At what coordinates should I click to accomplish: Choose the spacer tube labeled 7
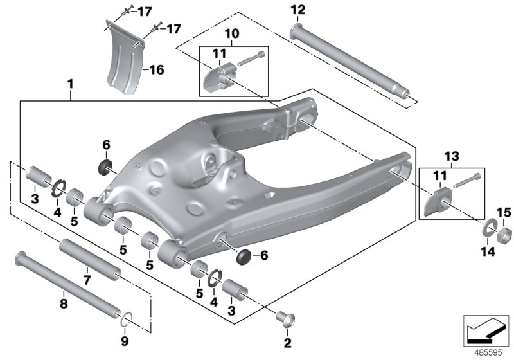(x=90, y=260)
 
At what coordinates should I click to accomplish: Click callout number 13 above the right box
(x=452, y=156)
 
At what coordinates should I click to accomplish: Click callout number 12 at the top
(x=299, y=10)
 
